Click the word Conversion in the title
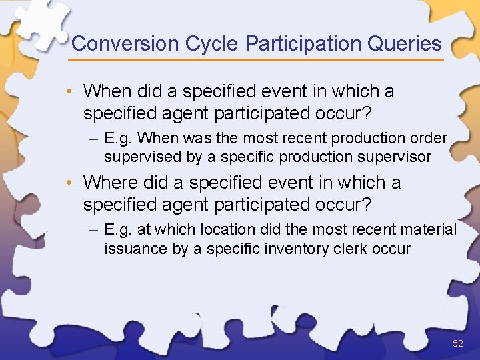125,44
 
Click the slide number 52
457,343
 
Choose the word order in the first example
430,139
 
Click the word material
429,230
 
